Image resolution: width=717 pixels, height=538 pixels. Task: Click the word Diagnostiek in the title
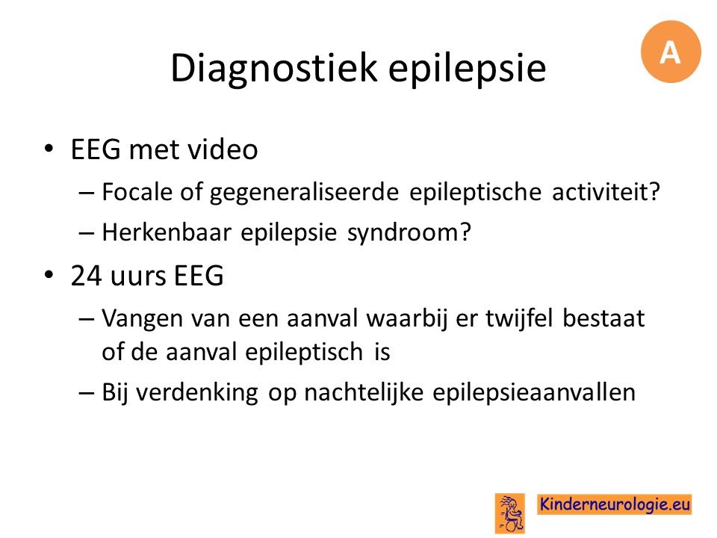273,69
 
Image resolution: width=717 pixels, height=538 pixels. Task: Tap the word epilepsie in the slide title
467,69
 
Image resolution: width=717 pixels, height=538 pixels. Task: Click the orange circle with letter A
671,52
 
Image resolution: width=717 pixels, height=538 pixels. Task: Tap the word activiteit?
606,191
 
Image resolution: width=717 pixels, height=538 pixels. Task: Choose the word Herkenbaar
167,232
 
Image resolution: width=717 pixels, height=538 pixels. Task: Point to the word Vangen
142,319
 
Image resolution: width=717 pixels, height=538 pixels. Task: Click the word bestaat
603,318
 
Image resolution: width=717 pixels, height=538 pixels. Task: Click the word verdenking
197,393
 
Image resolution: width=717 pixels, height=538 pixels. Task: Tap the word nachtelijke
364,393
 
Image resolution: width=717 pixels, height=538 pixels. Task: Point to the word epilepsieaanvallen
534,393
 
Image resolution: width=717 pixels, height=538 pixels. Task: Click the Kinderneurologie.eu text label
614,504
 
